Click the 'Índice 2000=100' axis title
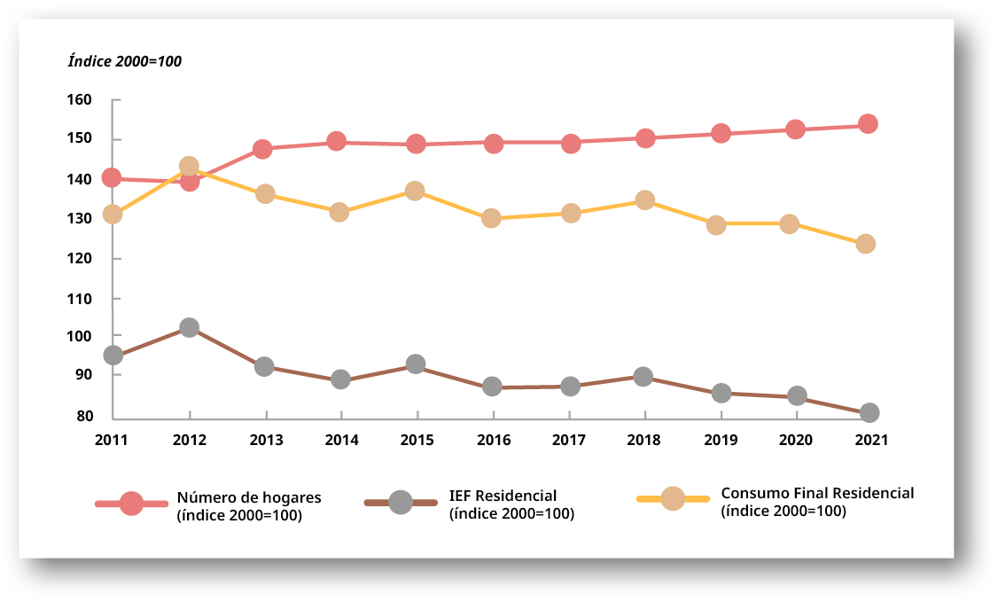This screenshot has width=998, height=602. (x=125, y=61)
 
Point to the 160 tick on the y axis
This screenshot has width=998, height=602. (x=80, y=99)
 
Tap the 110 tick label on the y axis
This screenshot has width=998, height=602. (x=80, y=299)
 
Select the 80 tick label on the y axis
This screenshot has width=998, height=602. (x=83, y=416)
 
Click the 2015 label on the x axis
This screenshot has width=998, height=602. (x=417, y=439)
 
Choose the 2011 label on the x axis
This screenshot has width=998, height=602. (x=113, y=439)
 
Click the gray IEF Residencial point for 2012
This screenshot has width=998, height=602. (x=189, y=327)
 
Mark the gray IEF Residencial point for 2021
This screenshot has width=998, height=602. (x=869, y=412)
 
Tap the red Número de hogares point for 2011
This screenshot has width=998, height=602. (x=112, y=177)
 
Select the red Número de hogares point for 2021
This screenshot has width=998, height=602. (x=868, y=123)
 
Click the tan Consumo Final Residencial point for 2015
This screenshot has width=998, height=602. (x=415, y=191)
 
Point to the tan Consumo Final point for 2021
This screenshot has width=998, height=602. (x=866, y=244)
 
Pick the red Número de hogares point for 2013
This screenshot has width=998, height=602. (x=262, y=148)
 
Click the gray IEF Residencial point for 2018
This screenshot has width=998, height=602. (x=643, y=377)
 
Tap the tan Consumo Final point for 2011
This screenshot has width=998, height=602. (x=113, y=214)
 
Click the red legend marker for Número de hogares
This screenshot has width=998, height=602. (x=131, y=504)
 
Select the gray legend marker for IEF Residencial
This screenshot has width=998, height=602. (x=401, y=503)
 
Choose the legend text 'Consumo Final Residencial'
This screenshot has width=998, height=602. (x=817, y=494)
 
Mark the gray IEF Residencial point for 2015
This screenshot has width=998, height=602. (x=416, y=364)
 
